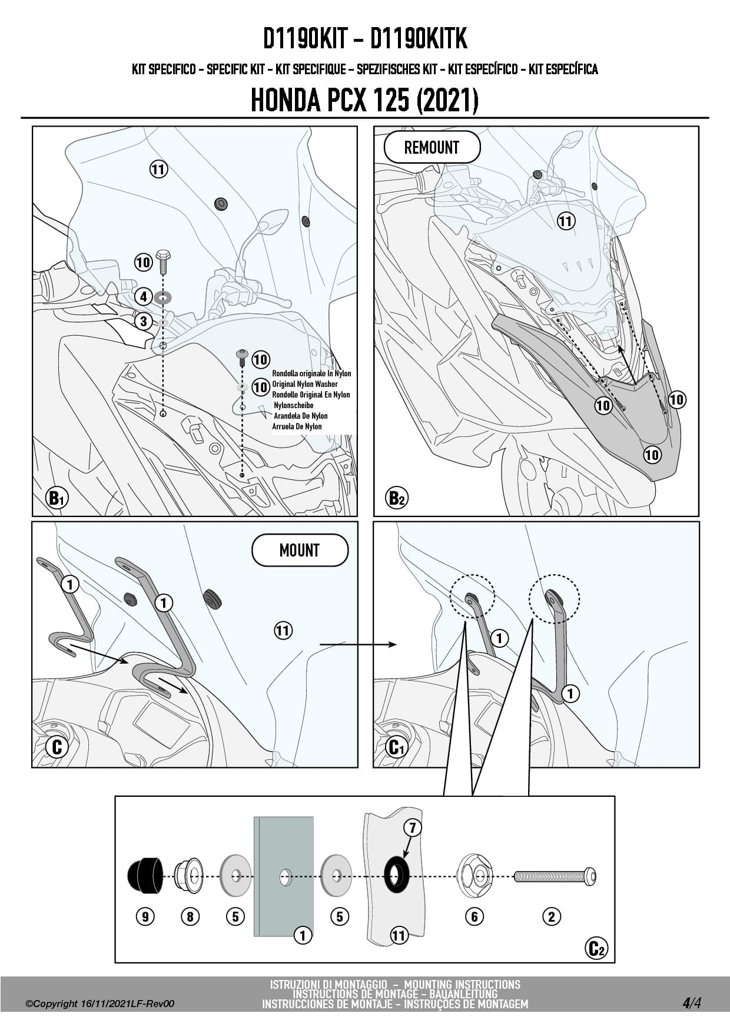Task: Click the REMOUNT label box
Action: [432, 147]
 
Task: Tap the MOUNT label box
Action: [300, 550]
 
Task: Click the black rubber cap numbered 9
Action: [144, 876]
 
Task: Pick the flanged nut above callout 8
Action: [189, 876]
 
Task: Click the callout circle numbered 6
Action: [474, 916]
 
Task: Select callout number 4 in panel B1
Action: [144, 296]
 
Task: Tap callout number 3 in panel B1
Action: [144, 322]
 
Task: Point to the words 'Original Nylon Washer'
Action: [305, 384]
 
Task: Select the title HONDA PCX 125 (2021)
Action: [364, 100]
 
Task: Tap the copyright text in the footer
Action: [100, 1004]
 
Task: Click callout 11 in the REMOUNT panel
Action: [565, 221]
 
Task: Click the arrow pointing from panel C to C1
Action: [359, 644]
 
